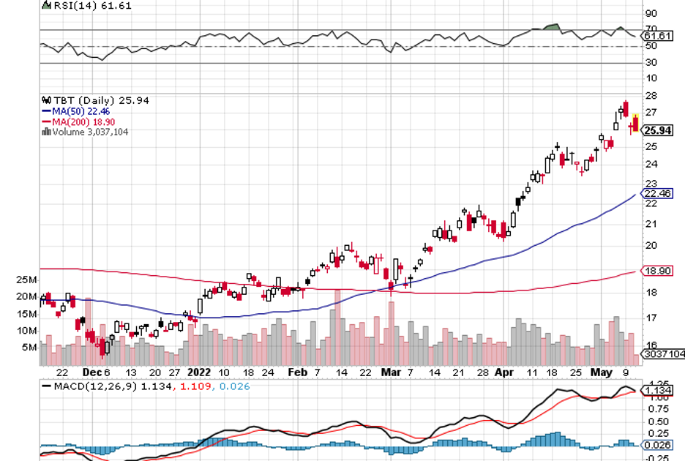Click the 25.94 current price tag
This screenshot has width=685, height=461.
[657, 130]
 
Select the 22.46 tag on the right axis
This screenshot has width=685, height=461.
[657, 194]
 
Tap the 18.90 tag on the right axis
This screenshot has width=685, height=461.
[657, 271]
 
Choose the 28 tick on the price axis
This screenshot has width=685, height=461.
[649, 96]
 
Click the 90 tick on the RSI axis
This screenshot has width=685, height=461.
[649, 13]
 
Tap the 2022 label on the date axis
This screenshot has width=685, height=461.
[199, 371]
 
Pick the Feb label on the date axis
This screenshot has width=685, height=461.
[297, 371]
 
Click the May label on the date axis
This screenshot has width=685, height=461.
[602, 371]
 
